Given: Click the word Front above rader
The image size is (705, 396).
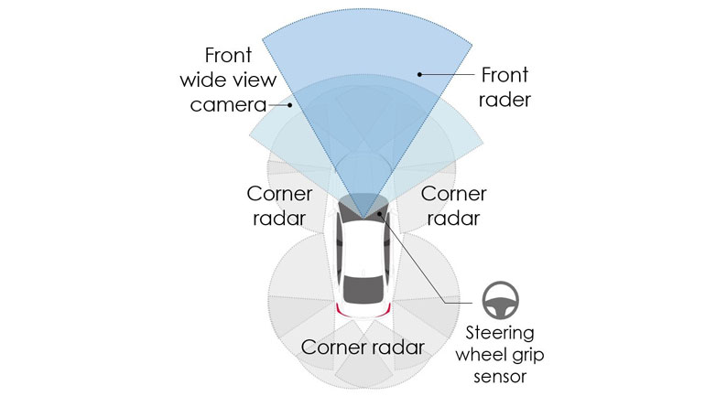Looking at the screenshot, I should point(504,73).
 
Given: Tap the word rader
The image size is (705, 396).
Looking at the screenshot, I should point(504,99).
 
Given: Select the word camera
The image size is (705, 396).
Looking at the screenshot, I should point(227,104).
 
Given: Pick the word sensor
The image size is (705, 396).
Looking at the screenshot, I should point(500,375).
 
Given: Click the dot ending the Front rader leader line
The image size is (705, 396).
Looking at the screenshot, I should point(418,72).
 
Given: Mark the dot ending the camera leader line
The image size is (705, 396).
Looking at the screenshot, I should point(291,105).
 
